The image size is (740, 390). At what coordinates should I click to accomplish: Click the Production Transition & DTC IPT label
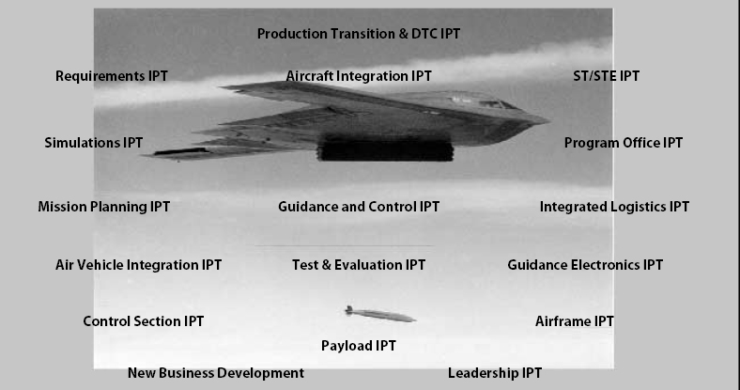[359, 34]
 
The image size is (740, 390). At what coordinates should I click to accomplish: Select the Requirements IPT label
[112, 76]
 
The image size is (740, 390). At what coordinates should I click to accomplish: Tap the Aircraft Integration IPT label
[359, 76]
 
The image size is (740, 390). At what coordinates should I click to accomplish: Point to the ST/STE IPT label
[606, 76]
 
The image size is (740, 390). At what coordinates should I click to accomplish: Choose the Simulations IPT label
[94, 143]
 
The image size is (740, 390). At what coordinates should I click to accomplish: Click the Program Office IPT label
[623, 143]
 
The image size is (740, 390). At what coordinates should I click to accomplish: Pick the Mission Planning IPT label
[104, 207]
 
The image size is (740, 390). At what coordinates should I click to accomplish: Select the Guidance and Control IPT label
[359, 207]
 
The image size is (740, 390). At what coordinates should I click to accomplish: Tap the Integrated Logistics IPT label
[614, 207]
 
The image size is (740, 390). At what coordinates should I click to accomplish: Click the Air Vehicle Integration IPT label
[139, 265]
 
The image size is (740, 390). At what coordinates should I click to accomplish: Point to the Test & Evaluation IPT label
[359, 265]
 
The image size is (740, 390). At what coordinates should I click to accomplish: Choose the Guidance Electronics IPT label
[585, 265]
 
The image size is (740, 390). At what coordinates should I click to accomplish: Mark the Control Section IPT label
[144, 321]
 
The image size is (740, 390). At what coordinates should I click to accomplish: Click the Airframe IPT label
[575, 321]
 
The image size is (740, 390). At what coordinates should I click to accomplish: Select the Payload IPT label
[359, 346]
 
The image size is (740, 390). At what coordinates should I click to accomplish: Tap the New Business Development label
[216, 373]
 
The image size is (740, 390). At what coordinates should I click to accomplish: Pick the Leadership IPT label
[495, 373]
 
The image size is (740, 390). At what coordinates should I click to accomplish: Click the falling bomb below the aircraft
[379, 314]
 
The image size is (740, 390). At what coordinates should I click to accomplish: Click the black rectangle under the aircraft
[386, 149]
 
